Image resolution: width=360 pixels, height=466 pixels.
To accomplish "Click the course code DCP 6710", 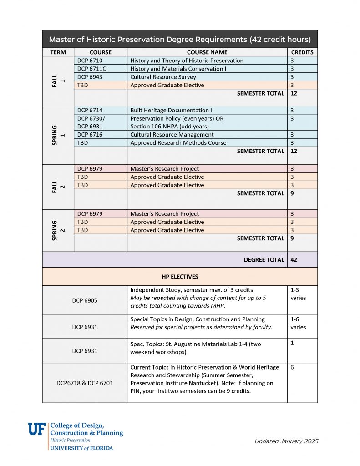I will click(x=90, y=61).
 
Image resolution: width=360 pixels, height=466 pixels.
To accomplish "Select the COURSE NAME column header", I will click(x=207, y=52).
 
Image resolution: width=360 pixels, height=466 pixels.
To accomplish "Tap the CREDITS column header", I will click(x=302, y=52).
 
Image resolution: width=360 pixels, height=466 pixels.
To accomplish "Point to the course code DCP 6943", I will click(x=90, y=77).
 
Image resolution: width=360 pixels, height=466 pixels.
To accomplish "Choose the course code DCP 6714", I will click(x=90, y=110).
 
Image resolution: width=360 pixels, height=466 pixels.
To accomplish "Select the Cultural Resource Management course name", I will click(x=172, y=135).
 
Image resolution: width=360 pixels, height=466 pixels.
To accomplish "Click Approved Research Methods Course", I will click(x=178, y=143).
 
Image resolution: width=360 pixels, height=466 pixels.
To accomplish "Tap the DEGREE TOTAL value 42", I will click(x=294, y=260).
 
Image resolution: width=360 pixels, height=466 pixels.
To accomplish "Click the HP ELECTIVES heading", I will click(x=180, y=277).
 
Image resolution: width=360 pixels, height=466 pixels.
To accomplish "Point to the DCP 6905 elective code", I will click(x=85, y=300).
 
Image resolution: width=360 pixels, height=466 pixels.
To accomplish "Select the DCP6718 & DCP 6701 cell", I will click(x=85, y=383).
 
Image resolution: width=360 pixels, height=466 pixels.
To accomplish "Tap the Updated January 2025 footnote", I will click(x=286, y=441).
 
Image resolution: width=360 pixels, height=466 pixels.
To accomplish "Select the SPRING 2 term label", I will click(x=58, y=230).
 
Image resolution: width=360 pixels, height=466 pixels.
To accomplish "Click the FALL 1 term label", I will click(x=58, y=81).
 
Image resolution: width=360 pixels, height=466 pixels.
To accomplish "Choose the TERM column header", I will click(x=58, y=52).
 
